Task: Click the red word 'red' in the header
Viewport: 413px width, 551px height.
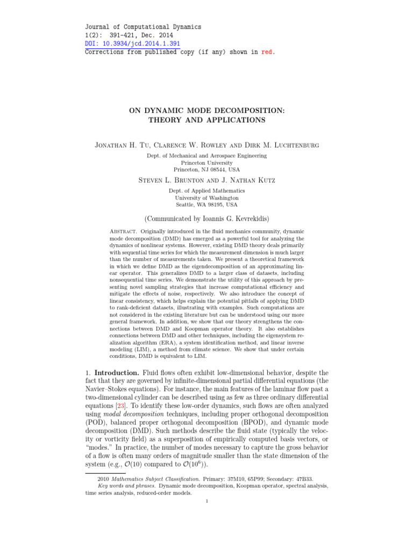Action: (267, 52)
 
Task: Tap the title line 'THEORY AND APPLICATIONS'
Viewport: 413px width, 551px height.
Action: (206, 120)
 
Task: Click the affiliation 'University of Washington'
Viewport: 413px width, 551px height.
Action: (206, 197)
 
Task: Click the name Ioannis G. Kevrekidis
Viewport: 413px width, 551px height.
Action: (230, 219)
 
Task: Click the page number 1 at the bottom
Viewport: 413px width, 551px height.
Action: (207, 501)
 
